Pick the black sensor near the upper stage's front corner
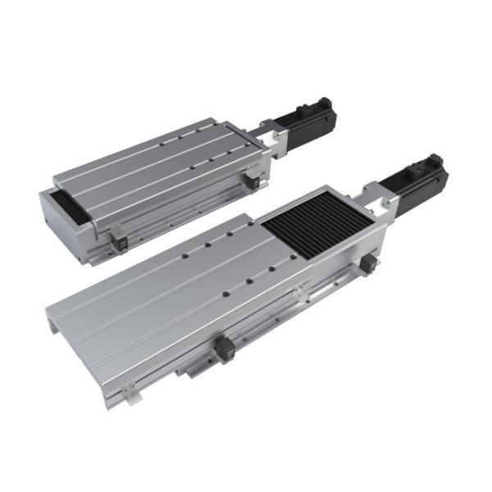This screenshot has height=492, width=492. tap(116, 239)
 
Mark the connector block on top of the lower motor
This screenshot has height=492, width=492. tap(430, 159)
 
